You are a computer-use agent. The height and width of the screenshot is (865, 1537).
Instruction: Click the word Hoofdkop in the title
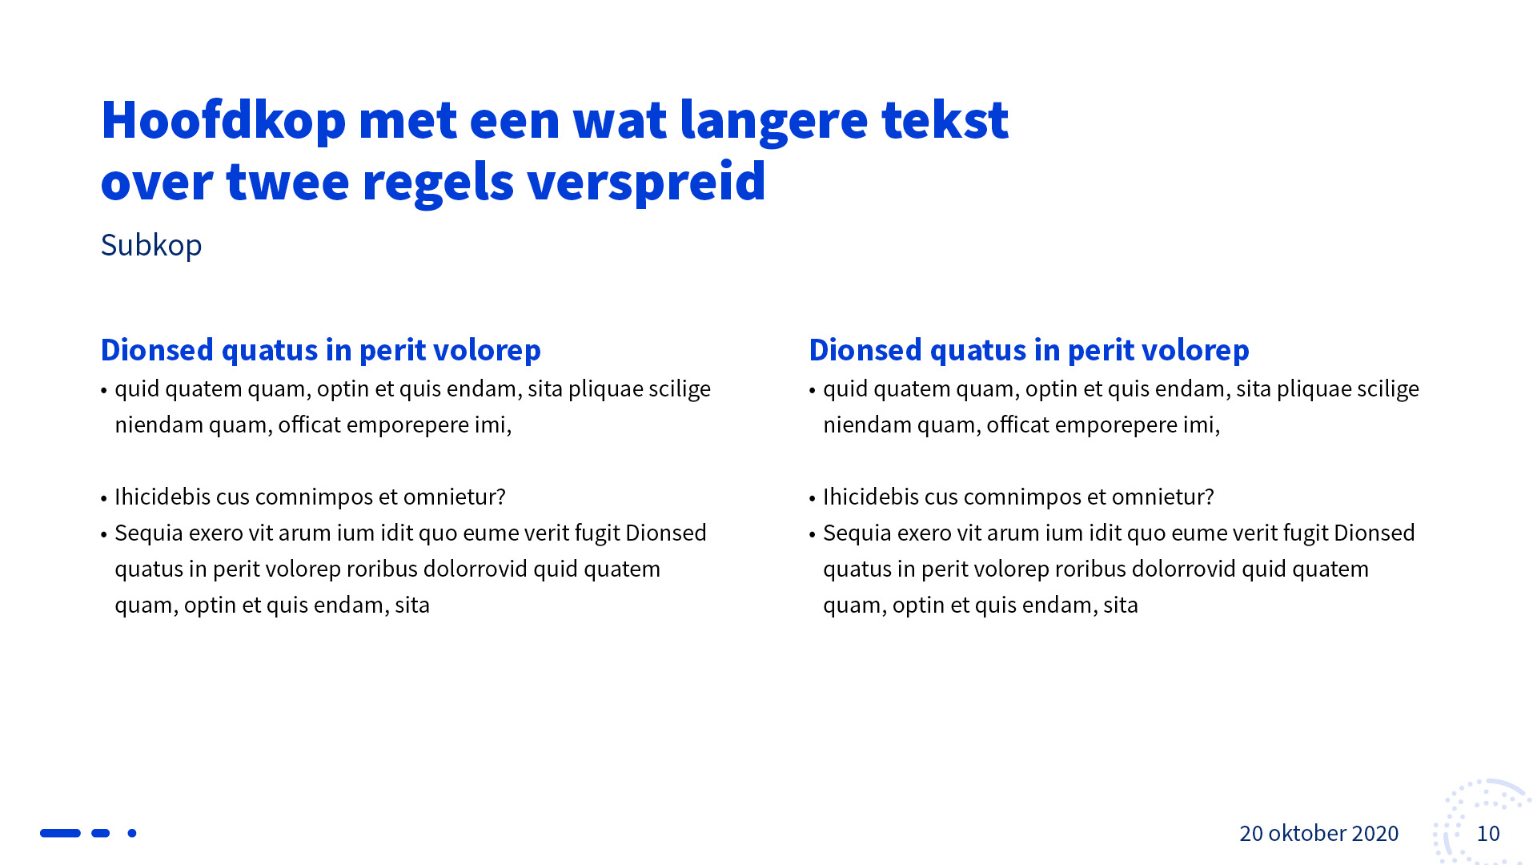(223, 120)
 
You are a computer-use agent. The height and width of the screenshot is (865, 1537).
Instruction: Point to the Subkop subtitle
(151, 245)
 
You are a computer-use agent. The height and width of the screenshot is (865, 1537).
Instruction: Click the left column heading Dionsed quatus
(321, 351)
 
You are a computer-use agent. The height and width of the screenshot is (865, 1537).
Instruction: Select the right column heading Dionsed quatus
(1029, 351)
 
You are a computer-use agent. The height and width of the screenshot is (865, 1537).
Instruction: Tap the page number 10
(1488, 834)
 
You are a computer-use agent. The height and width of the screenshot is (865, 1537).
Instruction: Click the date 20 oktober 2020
(1319, 834)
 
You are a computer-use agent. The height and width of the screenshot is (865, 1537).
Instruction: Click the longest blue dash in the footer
(61, 833)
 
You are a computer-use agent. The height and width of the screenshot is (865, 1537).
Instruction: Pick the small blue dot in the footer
(132, 833)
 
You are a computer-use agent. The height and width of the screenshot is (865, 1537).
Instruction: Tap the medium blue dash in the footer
(100, 833)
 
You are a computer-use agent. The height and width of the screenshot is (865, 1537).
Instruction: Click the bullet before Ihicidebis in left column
(104, 498)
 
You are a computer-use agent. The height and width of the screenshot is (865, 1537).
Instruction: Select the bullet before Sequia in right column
(813, 534)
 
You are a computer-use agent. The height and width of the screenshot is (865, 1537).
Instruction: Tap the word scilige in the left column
(680, 389)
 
